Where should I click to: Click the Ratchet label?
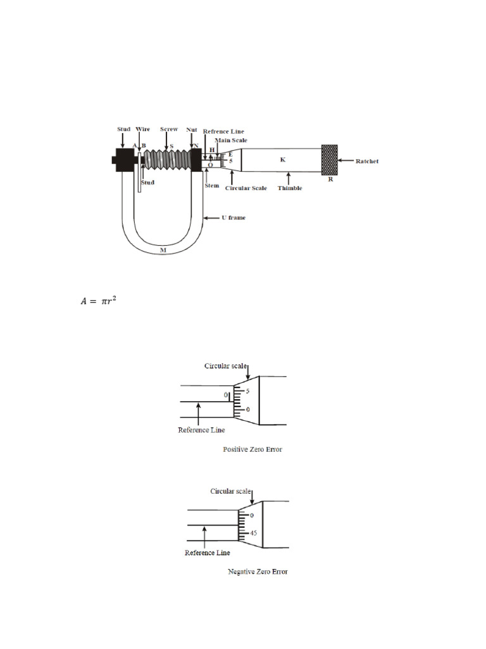point(366,162)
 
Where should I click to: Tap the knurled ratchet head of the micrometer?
point(329,160)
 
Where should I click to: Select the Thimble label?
point(290,188)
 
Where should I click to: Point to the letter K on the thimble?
point(283,160)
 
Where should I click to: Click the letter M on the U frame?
point(162,251)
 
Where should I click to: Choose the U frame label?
point(232,217)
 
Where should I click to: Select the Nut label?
point(192,129)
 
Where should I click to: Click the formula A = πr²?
point(98,301)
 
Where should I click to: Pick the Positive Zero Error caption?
point(252,449)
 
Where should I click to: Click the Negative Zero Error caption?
point(258,572)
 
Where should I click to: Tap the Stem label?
point(211,186)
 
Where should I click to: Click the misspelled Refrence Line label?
point(223,131)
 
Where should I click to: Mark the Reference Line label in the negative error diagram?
point(207,553)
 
